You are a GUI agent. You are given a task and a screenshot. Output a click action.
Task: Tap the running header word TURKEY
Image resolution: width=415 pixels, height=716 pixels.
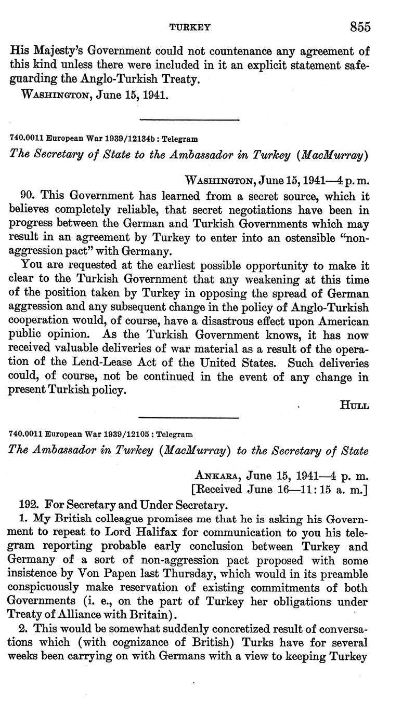pyautogui.click(x=192, y=28)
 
